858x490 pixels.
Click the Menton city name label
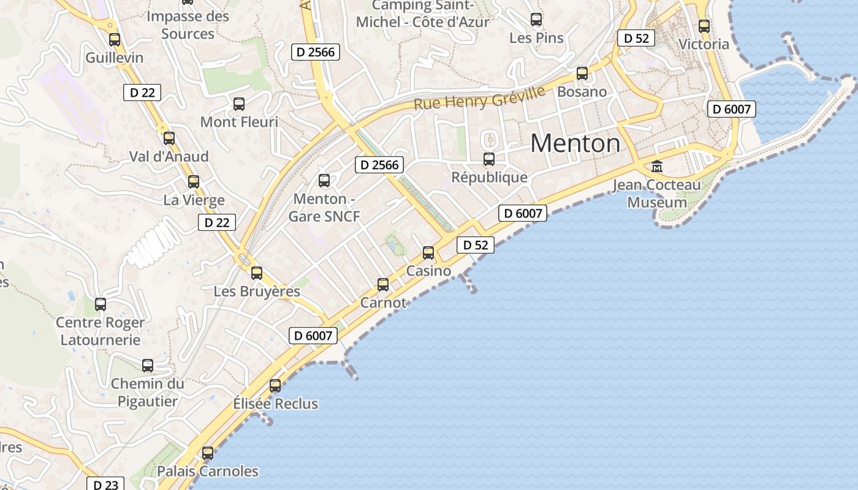click(x=575, y=143)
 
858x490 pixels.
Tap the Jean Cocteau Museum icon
click(x=657, y=166)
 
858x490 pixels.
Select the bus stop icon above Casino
click(x=428, y=253)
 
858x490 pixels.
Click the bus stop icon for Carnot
click(x=383, y=285)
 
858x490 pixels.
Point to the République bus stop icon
click(x=489, y=159)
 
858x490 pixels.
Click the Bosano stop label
click(x=582, y=92)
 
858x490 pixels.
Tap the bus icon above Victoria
click(x=704, y=26)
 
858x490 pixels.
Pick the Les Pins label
click(x=536, y=38)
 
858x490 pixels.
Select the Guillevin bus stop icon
click(x=115, y=40)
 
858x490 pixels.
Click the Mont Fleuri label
click(x=239, y=122)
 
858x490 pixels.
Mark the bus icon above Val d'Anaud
click(x=169, y=138)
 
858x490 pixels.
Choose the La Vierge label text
click(x=194, y=200)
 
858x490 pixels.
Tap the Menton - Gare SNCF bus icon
click(x=324, y=181)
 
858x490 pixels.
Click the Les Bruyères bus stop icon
click(x=257, y=273)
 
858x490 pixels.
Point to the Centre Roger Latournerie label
click(x=101, y=331)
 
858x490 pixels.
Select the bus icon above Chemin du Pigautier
click(x=148, y=366)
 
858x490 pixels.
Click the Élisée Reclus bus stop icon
click(x=275, y=386)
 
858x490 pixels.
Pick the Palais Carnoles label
click(x=208, y=471)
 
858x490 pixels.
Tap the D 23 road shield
click(x=105, y=484)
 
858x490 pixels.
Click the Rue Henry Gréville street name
click(x=479, y=98)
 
